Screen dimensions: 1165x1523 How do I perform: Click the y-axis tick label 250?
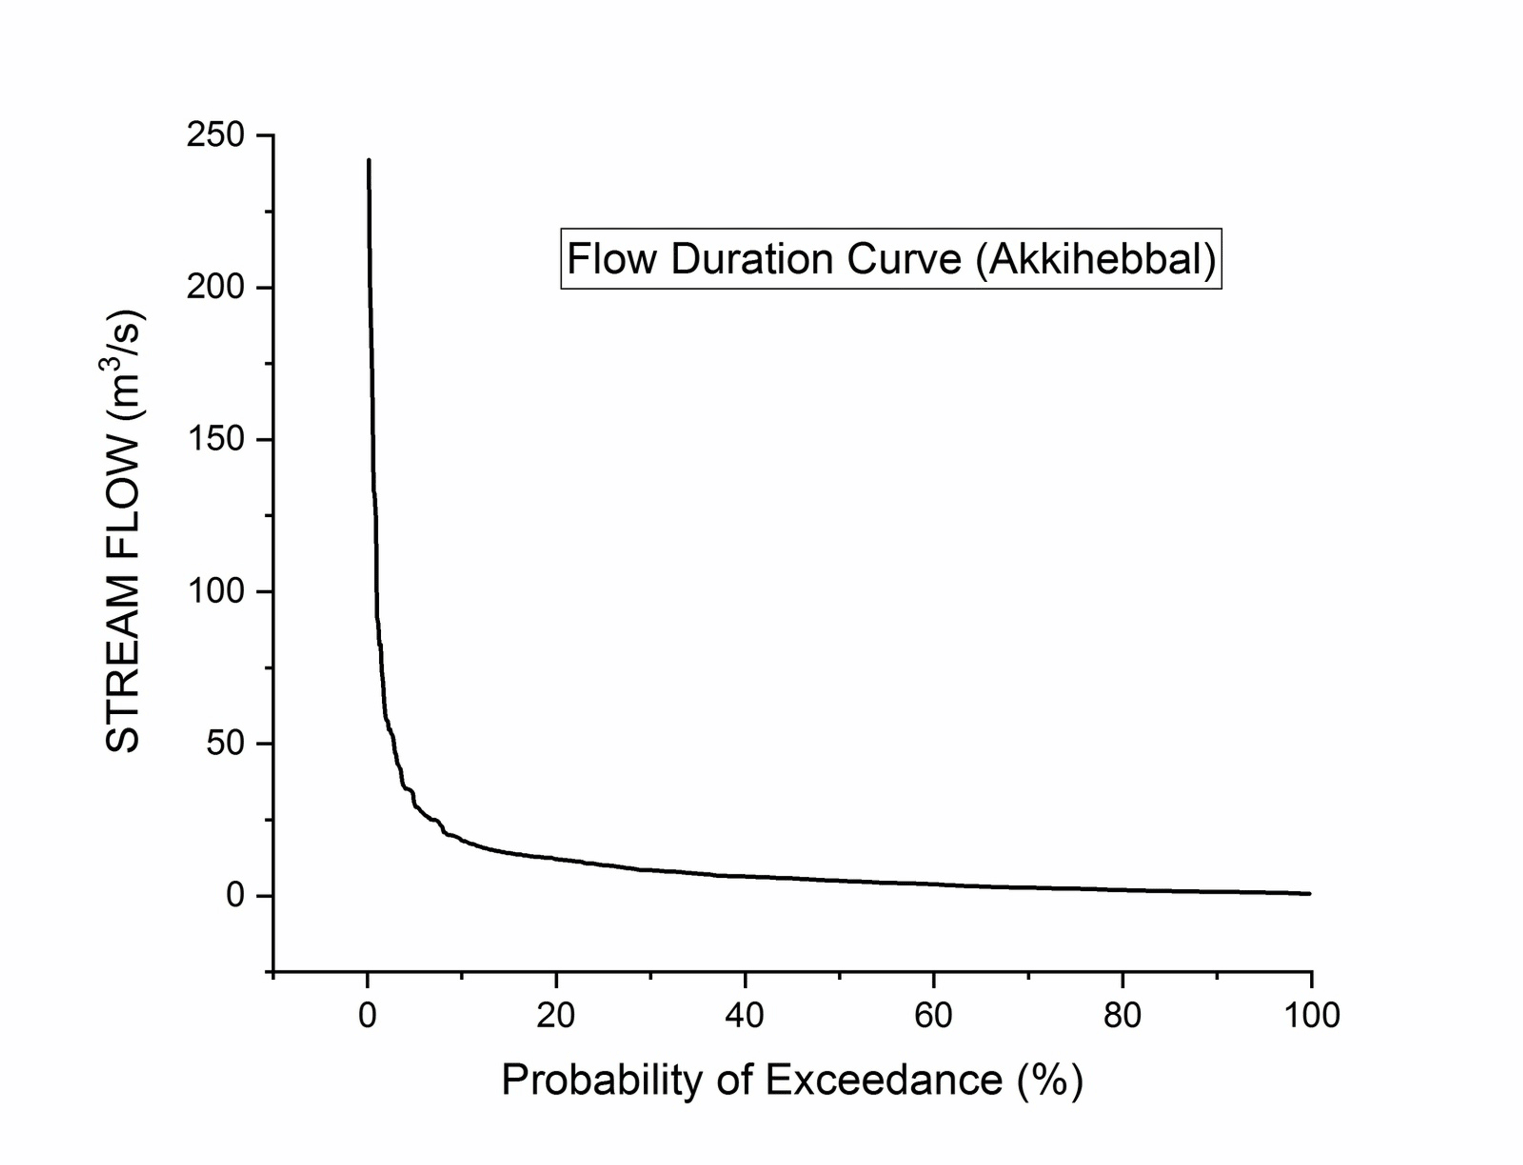coord(216,135)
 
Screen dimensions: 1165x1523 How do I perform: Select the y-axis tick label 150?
coord(216,439)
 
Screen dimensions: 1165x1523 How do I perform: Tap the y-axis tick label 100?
coord(216,591)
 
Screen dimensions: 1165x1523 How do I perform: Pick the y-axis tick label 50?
coord(226,743)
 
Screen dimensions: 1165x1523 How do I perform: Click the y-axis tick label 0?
coord(236,895)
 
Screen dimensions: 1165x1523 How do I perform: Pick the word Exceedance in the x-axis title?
coord(884,1080)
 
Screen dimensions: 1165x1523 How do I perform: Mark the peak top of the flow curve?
coord(369,160)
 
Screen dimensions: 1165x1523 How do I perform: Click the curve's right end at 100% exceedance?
coord(1309,894)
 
